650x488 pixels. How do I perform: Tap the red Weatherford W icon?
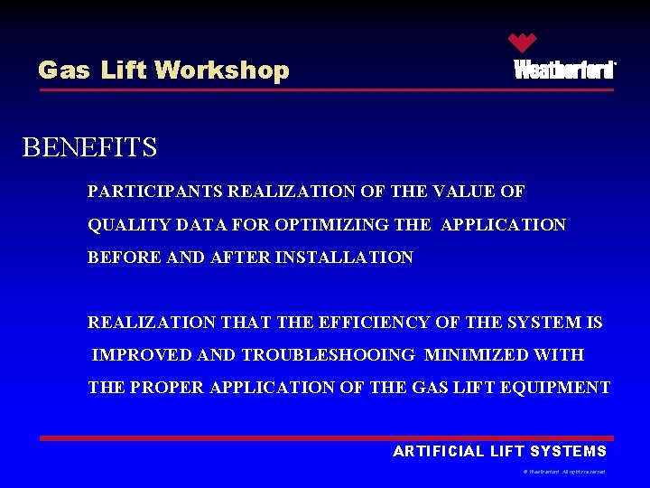(x=522, y=42)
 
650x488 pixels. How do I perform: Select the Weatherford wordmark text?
(x=564, y=70)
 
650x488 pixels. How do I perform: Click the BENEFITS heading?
(x=89, y=147)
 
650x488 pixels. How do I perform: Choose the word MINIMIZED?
(x=474, y=354)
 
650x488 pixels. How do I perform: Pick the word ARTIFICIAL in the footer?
(x=439, y=451)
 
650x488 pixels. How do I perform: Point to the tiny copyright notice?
(x=563, y=472)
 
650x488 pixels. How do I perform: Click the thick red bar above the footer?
(x=326, y=438)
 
